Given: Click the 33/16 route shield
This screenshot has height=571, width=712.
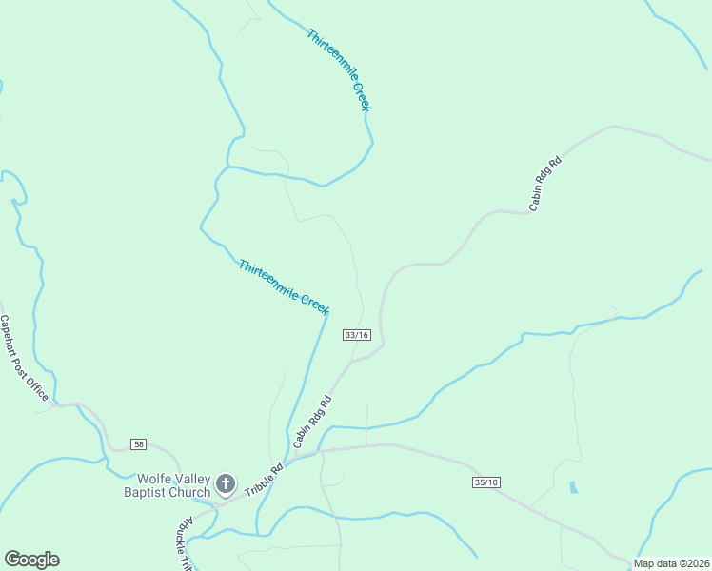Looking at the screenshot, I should pyautogui.click(x=356, y=334).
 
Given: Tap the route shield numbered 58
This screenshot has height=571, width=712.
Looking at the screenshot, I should pyautogui.click(x=139, y=444).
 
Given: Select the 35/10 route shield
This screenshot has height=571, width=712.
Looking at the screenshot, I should pyautogui.click(x=485, y=483).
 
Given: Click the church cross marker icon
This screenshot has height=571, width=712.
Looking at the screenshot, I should pyautogui.click(x=226, y=485).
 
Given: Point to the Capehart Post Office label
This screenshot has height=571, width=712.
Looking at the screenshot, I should pyautogui.click(x=25, y=358).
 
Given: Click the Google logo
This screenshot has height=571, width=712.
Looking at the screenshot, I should pyautogui.click(x=31, y=560).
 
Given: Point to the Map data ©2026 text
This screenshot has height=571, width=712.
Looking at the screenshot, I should pyautogui.click(x=671, y=563).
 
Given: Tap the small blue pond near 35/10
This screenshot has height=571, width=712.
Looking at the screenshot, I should pyautogui.click(x=572, y=487).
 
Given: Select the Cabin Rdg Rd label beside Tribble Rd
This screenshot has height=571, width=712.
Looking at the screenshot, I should pyautogui.click(x=311, y=422).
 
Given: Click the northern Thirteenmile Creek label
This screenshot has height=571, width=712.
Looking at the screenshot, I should pyautogui.click(x=339, y=70).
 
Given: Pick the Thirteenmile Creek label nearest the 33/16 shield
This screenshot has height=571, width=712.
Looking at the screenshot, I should pyautogui.click(x=284, y=286).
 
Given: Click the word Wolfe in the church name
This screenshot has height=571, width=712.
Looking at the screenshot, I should pyautogui.click(x=155, y=479).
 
